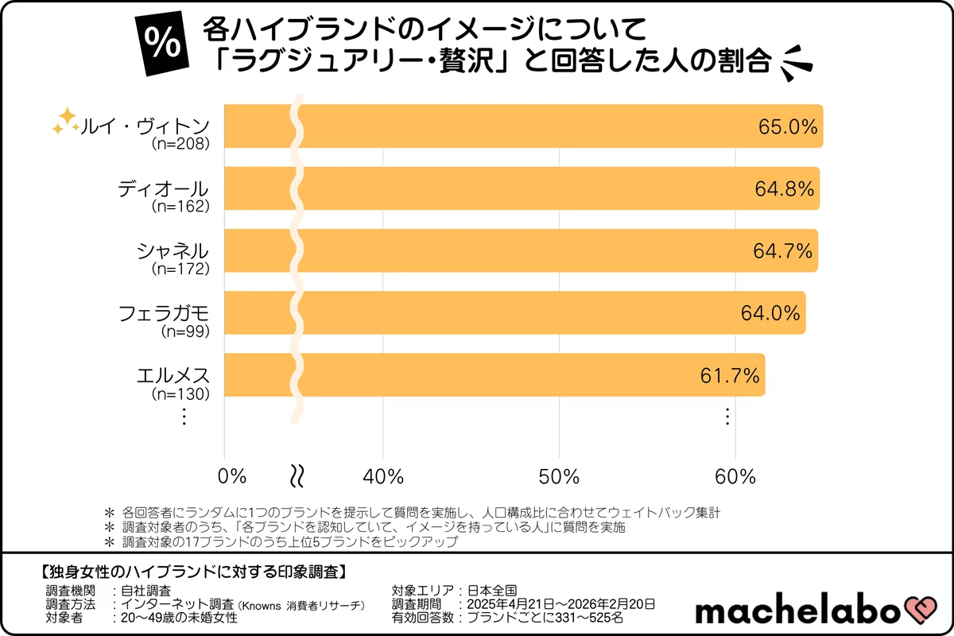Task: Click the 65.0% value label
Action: tap(786, 126)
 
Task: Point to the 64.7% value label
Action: tap(782, 251)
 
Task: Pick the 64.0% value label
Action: tap(770, 313)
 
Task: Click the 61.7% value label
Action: tap(730, 375)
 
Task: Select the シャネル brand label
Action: tap(173, 251)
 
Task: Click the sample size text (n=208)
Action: tap(180, 145)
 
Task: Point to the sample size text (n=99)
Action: tap(184, 331)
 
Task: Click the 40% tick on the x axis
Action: tap(383, 476)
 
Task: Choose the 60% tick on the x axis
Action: tap(735, 476)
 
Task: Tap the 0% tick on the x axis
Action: tap(232, 476)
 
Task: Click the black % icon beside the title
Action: tap(163, 45)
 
